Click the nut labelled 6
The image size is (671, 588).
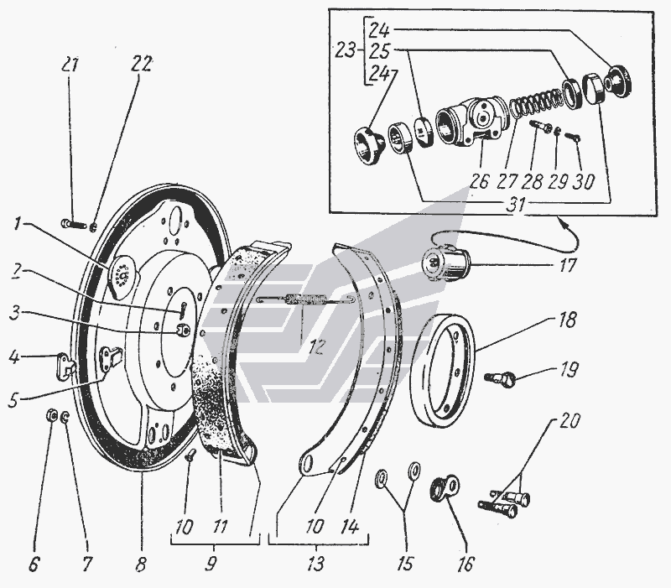click(x=49, y=414)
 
